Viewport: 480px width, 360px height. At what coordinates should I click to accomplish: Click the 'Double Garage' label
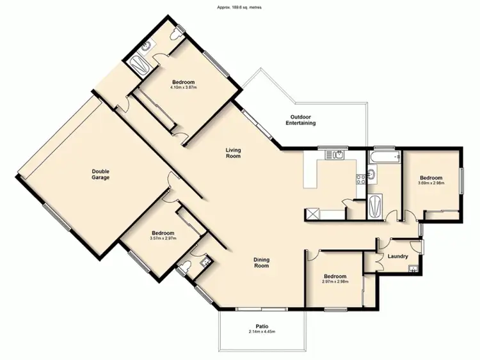click(x=100, y=174)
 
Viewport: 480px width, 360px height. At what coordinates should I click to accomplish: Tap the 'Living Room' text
click(x=232, y=153)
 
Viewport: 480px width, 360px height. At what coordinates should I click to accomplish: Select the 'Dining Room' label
click(x=260, y=262)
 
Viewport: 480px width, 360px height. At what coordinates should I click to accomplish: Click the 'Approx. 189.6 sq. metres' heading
click(x=239, y=7)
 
